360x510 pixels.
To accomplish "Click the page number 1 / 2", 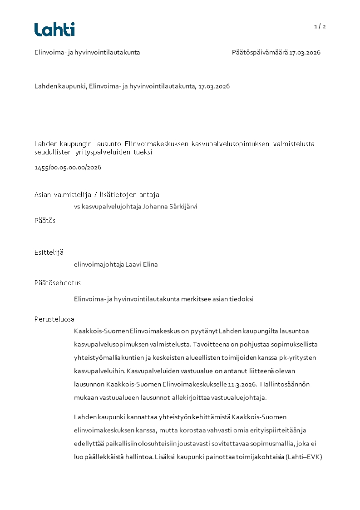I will (x=320, y=26).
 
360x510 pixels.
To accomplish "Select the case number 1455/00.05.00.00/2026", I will (x=68, y=168).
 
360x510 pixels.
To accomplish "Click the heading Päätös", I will (x=45, y=220).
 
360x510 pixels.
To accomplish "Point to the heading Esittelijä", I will (x=49, y=253).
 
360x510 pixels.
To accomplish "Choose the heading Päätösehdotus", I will (x=58, y=283).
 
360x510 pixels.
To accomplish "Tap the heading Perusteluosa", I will (x=54, y=319).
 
